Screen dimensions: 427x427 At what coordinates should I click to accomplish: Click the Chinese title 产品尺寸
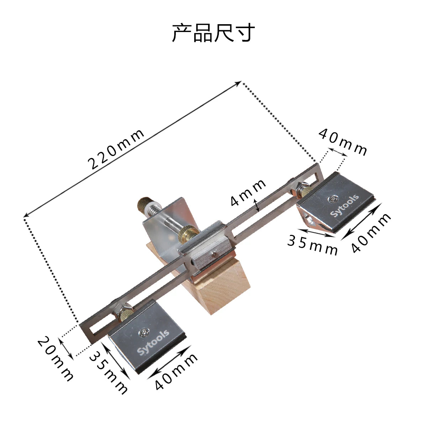tap(213, 33)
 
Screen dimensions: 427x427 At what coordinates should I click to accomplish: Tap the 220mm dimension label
tap(116, 149)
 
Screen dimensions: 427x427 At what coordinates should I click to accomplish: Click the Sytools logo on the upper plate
tap(344, 205)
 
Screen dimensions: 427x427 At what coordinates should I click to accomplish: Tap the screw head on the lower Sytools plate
tap(143, 332)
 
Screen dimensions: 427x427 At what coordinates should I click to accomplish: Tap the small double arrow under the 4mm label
tap(257, 205)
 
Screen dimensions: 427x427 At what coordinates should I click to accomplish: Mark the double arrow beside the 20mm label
tap(66, 348)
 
